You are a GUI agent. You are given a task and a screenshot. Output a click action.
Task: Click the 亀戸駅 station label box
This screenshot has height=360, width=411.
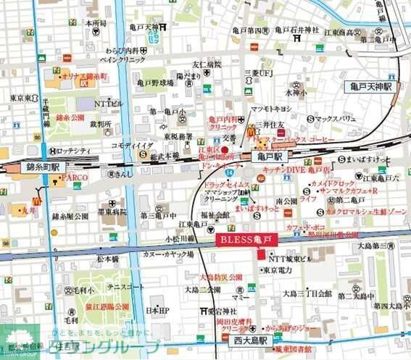coord(270,156)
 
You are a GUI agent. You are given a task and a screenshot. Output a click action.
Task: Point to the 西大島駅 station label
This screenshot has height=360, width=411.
coord(249,339)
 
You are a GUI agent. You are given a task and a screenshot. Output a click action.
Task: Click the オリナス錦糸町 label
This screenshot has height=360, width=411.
coord(85,76)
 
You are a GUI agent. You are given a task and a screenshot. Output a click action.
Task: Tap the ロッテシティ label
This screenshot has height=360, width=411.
coord(74,151)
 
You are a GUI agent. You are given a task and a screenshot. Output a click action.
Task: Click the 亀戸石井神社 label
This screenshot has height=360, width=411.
coord(296,30)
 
